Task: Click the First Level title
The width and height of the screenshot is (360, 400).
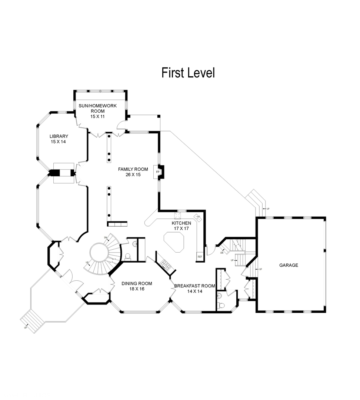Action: coord(188,73)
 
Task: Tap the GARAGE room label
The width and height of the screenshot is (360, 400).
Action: coord(289,265)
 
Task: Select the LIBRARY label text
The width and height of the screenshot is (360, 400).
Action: coord(59,136)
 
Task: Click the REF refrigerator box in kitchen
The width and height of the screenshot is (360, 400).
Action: coord(200,257)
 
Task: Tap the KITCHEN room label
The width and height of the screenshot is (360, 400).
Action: coord(181,223)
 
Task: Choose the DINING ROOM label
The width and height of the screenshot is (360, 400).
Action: coord(137,283)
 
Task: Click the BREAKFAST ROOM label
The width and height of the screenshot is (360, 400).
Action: coord(195,286)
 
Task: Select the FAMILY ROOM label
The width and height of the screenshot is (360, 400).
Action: coord(133,169)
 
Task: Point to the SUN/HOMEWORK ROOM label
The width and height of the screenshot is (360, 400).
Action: coord(97,109)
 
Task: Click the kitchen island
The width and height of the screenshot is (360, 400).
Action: coord(174,242)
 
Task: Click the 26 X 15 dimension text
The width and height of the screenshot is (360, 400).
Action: coord(133,175)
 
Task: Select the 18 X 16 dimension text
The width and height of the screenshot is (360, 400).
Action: coord(137,289)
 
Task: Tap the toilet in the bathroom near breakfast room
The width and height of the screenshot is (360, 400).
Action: coord(222,305)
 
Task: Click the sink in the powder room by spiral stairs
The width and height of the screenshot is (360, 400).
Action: coord(135,244)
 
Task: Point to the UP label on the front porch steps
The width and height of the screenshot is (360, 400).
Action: coord(25,327)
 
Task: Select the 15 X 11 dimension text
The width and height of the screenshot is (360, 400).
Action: coord(97,116)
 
